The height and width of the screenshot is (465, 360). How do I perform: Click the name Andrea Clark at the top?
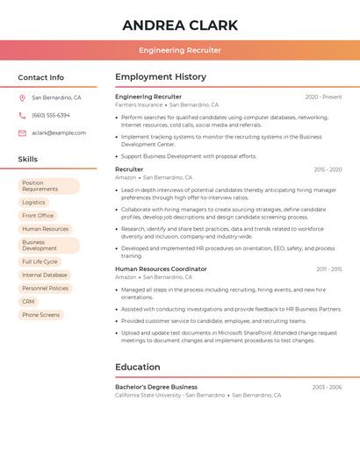(179, 24)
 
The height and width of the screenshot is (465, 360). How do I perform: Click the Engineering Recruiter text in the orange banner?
(179, 50)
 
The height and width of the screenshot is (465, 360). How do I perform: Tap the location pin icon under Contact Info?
(22, 98)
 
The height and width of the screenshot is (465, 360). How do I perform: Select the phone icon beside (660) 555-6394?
(22, 116)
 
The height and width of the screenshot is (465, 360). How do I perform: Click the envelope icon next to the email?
(22, 133)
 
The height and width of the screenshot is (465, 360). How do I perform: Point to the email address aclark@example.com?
(59, 133)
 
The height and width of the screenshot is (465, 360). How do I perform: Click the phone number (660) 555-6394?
(51, 116)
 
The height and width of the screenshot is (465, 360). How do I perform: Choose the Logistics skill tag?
(33, 203)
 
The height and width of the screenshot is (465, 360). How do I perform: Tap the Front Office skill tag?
(38, 216)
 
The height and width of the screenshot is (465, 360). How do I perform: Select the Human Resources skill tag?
(45, 229)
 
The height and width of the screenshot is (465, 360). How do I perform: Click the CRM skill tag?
(29, 302)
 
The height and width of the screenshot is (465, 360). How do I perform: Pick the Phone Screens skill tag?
(41, 315)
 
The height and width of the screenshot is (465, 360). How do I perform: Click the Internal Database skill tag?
(44, 275)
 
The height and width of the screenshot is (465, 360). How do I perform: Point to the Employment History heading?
(161, 77)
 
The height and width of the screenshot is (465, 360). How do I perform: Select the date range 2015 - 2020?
(328, 169)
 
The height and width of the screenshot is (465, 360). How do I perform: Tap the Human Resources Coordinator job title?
(161, 269)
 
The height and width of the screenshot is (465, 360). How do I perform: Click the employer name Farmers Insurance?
(138, 105)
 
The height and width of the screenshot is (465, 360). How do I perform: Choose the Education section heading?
(138, 367)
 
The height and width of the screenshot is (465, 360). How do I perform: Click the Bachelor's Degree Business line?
(156, 387)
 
